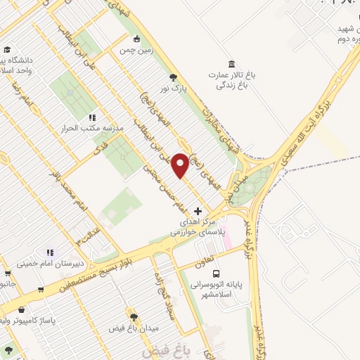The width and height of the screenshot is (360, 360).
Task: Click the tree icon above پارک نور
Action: coord(173,78)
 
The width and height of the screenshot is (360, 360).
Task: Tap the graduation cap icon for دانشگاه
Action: coord(7,50)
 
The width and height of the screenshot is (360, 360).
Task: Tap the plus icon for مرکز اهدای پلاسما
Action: coord(198,210)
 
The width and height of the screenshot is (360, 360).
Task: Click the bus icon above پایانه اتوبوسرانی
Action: coord(216,274)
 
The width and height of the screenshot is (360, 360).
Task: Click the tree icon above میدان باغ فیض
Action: coord(132,316)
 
